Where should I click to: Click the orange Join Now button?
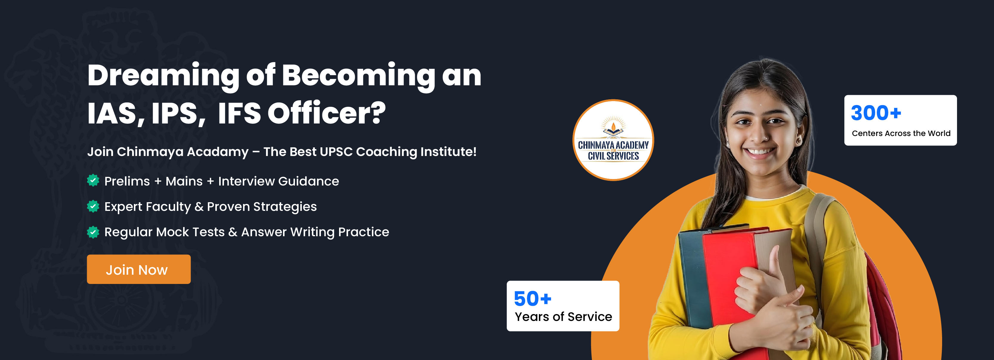tap(138, 269)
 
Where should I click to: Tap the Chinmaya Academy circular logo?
tap(613, 140)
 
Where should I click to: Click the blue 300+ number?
tap(876, 113)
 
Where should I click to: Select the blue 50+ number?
tap(533, 299)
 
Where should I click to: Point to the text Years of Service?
tap(563, 317)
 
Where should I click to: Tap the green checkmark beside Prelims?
tap(93, 180)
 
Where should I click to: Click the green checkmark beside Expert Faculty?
tap(93, 206)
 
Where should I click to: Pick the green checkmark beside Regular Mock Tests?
tap(93, 231)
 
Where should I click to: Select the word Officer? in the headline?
tap(327, 113)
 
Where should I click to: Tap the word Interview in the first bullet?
tap(246, 181)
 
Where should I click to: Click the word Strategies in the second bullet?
tap(285, 207)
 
